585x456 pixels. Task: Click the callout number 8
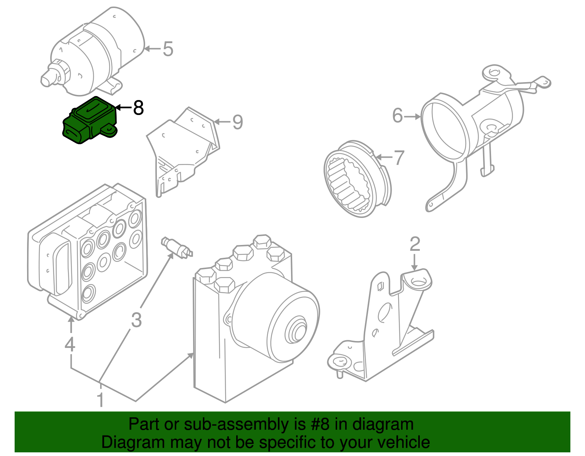pyautogui.click(x=138, y=108)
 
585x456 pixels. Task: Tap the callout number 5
pyautogui.click(x=167, y=49)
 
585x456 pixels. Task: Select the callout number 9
pyautogui.click(x=237, y=122)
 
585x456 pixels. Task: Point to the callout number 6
pyautogui.click(x=397, y=116)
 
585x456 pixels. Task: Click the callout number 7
pyautogui.click(x=398, y=158)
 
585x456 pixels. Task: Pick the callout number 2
pyautogui.click(x=415, y=244)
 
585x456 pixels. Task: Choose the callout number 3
pyautogui.click(x=136, y=320)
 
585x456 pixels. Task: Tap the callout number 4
pyautogui.click(x=70, y=344)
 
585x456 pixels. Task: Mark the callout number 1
pyautogui.click(x=100, y=400)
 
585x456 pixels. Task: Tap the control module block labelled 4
pyautogui.click(x=88, y=252)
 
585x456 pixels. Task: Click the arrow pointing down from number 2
pyautogui.click(x=414, y=262)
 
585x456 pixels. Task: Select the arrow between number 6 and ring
pyautogui.click(x=413, y=117)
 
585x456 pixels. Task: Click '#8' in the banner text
pyautogui.click(x=320, y=425)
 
